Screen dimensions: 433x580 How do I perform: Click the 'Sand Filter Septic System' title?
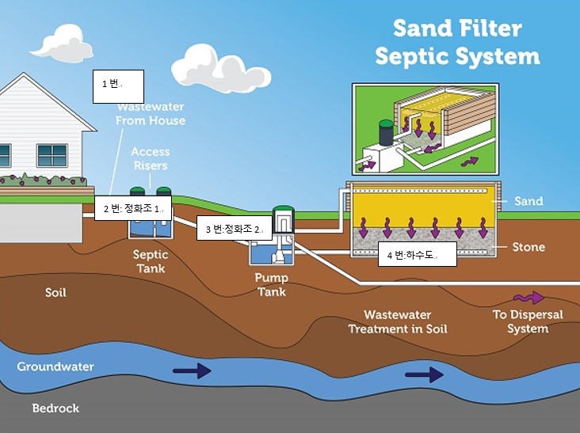click(457, 43)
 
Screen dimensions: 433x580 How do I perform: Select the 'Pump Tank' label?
click(271, 284)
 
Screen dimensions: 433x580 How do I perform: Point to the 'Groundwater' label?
click(55, 367)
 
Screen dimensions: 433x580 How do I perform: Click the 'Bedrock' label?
click(55, 408)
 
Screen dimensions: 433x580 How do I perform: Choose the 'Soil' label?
click(55, 293)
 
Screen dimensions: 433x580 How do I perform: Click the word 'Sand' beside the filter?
click(528, 201)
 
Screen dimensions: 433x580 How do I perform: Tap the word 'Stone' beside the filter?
click(528, 247)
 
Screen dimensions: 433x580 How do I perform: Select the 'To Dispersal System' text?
click(528, 321)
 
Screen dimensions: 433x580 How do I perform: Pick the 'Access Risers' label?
click(150, 158)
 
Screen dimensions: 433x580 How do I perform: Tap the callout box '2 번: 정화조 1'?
click(133, 209)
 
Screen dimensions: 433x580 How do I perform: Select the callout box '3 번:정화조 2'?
click(234, 230)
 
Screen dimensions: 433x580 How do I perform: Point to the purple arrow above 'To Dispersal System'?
click(528, 298)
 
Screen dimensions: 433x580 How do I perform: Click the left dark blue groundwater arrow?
click(193, 370)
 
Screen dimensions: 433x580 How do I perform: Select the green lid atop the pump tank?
click(283, 211)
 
